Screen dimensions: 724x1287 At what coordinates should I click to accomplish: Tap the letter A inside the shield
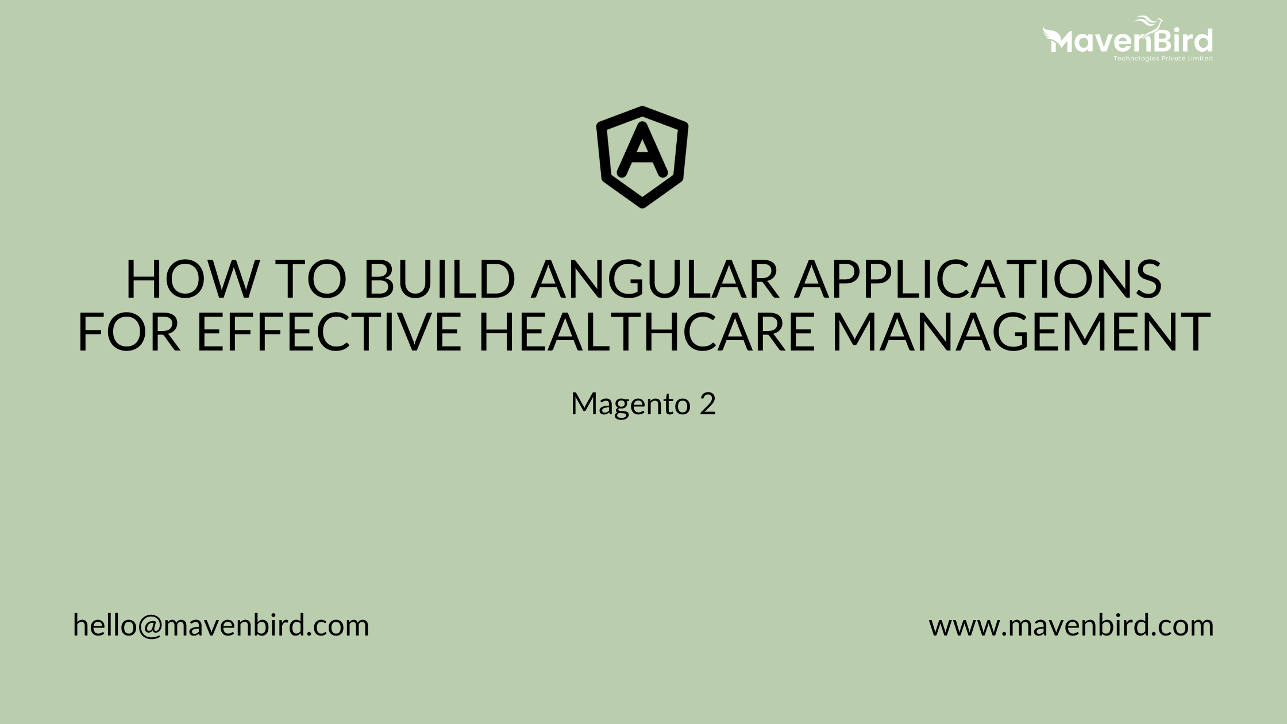(x=642, y=151)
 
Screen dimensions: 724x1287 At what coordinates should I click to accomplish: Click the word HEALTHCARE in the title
(x=647, y=332)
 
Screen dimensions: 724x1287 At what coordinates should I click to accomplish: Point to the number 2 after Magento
(x=708, y=404)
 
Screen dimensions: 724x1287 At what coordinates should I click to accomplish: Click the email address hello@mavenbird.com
(x=221, y=625)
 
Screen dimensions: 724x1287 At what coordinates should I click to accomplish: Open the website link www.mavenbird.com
(x=1071, y=625)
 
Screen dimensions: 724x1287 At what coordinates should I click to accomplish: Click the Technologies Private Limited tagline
(x=1163, y=59)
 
